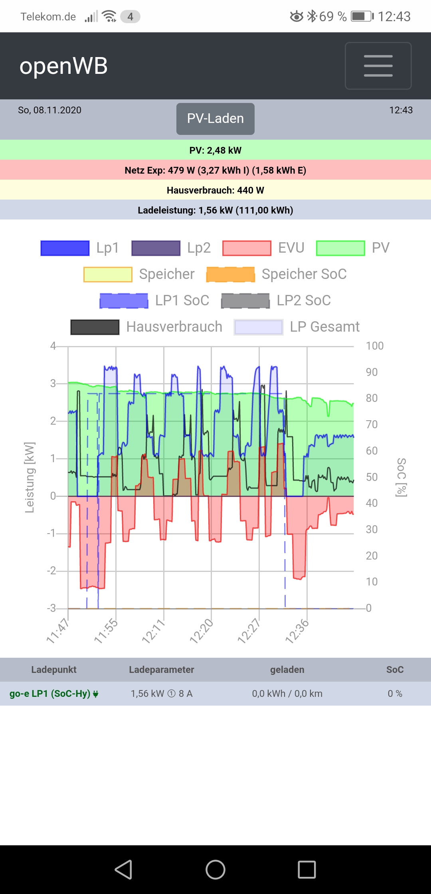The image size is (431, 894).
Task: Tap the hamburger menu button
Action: click(378, 66)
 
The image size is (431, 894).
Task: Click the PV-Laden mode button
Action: click(215, 119)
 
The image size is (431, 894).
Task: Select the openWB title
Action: click(64, 66)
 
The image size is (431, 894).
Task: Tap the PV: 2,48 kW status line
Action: click(215, 150)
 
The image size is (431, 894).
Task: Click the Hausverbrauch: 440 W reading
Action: click(215, 190)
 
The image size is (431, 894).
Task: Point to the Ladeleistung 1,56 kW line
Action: click(215, 210)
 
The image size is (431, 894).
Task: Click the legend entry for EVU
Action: click(263, 248)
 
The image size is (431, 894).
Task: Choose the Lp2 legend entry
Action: click(171, 248)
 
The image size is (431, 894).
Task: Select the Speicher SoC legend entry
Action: click(276, 274)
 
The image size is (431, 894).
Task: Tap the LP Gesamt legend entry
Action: click(297, 327)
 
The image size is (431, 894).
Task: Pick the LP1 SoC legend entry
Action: click(154, 301)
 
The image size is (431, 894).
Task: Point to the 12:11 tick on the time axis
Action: click(153, 631)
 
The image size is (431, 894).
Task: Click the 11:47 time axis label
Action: click(58, 631)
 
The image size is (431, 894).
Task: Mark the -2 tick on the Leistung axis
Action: click(51, 571)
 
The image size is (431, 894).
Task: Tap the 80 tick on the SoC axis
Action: click(372, 398)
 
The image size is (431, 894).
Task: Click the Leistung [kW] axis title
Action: click(30, 477)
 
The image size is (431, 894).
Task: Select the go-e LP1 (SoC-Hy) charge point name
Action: click(50, 694)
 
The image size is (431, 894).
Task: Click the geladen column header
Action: click(287, 670)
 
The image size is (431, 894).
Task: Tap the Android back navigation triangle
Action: click(124, 870)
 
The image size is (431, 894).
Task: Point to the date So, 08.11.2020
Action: click(49, 110)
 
